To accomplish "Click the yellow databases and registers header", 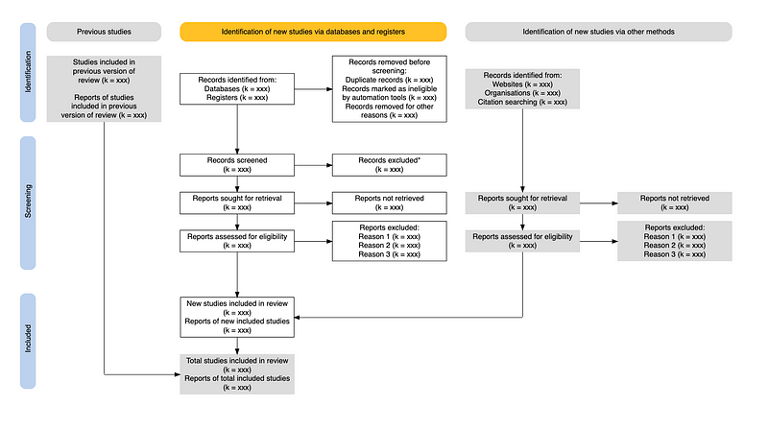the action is pos(313,32).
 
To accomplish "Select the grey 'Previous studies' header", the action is pos(104,32).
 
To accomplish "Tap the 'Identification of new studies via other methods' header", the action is pos(598,32).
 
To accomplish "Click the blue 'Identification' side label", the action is pos(28,72).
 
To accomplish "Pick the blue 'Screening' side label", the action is pos(28,203).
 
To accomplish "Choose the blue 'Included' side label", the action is pos(28,341).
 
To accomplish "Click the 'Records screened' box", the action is pos(237,165).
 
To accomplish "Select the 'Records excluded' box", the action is pos(390,165).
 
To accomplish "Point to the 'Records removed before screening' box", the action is pos(390,88).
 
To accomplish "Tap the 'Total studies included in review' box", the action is pos(237,374).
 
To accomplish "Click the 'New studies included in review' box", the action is pos(237,317).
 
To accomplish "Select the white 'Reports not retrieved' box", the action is pos(390,203).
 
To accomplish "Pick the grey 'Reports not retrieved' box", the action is pos(675,203).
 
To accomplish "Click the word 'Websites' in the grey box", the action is pos(508,84).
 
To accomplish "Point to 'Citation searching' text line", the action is pos(522,102).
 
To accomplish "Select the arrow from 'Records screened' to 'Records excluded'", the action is pos(313,165).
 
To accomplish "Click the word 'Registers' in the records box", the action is pos(222,98).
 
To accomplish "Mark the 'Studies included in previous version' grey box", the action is pos(104,88).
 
